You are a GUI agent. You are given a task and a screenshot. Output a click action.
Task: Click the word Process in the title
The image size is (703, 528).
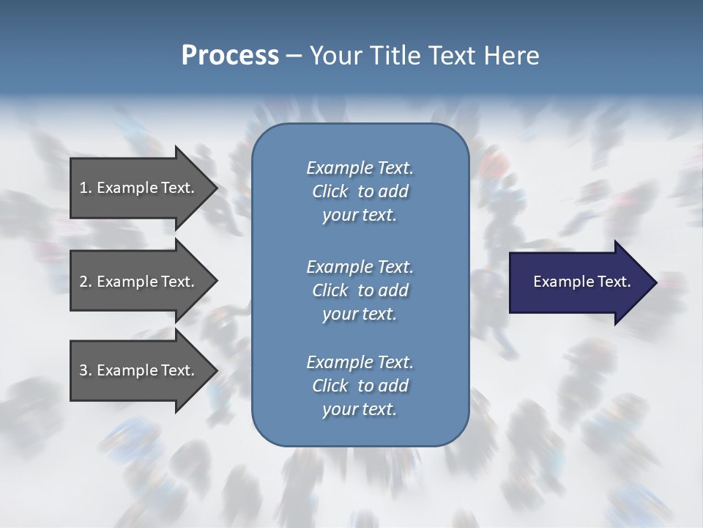(230, 56)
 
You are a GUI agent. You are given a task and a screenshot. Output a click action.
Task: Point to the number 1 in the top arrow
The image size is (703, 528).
(83, 188)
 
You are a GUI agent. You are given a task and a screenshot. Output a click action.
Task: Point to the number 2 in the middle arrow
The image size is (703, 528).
(83, 282)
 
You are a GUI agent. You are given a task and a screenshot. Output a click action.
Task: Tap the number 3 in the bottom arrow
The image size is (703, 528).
(83, 370)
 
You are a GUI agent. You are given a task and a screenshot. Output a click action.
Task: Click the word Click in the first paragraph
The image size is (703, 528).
(330, 191)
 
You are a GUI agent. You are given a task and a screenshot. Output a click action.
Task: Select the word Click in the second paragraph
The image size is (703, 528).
(330, 290)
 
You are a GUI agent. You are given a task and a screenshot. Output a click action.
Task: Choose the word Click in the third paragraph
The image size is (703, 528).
(330, 386)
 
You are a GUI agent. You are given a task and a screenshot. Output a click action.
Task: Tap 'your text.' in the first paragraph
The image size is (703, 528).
(360, 216)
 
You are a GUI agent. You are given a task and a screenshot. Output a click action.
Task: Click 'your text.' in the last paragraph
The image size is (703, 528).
(360, 410)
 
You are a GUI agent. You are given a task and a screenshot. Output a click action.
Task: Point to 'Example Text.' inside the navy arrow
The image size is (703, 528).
(581, 282)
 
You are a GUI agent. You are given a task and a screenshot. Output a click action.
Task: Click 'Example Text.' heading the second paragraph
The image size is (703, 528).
(360, 266)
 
